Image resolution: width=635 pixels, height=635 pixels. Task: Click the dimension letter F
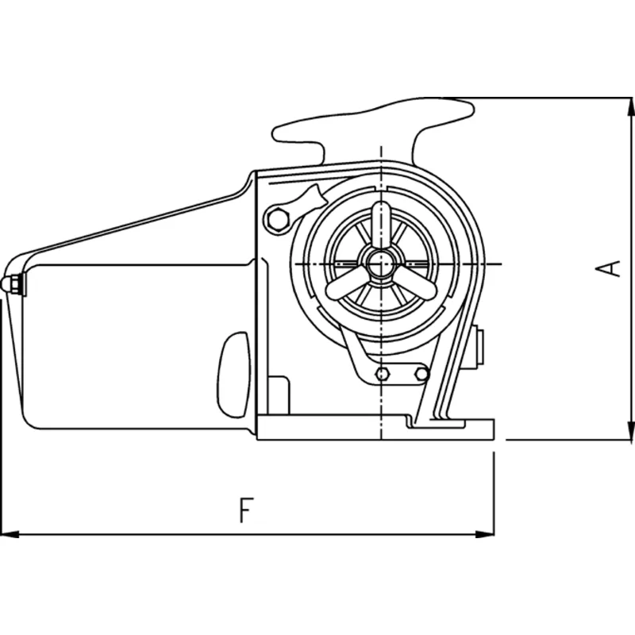tap(246, 510)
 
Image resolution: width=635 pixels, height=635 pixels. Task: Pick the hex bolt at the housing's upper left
tap(276, 219)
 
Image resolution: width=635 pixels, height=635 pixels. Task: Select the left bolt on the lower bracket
tap(383, 373)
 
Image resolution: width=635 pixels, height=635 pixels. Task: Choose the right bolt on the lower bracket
tap(422, 372)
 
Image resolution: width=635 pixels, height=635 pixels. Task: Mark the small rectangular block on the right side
tap(479, 347)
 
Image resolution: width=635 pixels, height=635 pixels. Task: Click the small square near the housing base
tap(278, 392)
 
